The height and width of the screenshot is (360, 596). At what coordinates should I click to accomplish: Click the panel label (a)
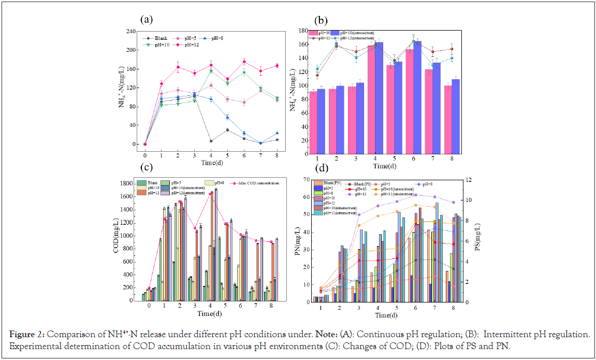click(147, 20)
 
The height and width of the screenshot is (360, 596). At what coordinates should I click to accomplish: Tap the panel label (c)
click(147, 167)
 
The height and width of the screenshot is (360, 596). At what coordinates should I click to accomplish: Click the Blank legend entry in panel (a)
click(163, 38)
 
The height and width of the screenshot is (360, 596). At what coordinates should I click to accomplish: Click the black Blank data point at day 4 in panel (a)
click(211, 141)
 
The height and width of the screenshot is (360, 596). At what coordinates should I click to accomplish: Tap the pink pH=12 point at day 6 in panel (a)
click(244, 62)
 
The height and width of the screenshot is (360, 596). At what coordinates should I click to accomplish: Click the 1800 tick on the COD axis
click(127, 183)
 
